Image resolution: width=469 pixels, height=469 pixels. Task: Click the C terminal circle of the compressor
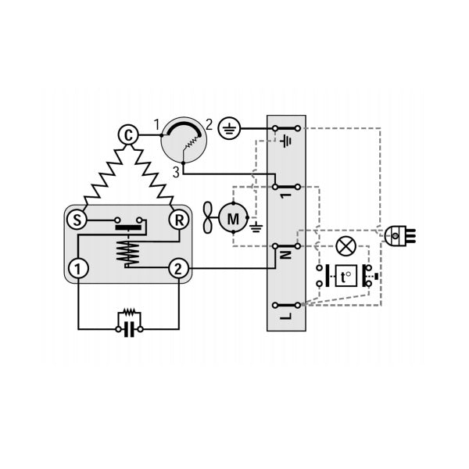128,135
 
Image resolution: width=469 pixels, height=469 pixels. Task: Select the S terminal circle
77,220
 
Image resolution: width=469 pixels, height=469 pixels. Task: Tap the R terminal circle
179,220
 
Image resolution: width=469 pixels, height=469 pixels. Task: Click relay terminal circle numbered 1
78,268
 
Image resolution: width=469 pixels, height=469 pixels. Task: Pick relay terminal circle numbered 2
178,268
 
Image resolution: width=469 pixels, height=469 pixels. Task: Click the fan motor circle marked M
233,218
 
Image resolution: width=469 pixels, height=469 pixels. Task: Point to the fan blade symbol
208,217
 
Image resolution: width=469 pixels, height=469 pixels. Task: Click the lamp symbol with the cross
346,246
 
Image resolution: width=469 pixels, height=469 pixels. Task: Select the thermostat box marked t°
346,276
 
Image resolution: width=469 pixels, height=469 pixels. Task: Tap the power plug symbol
399,236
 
